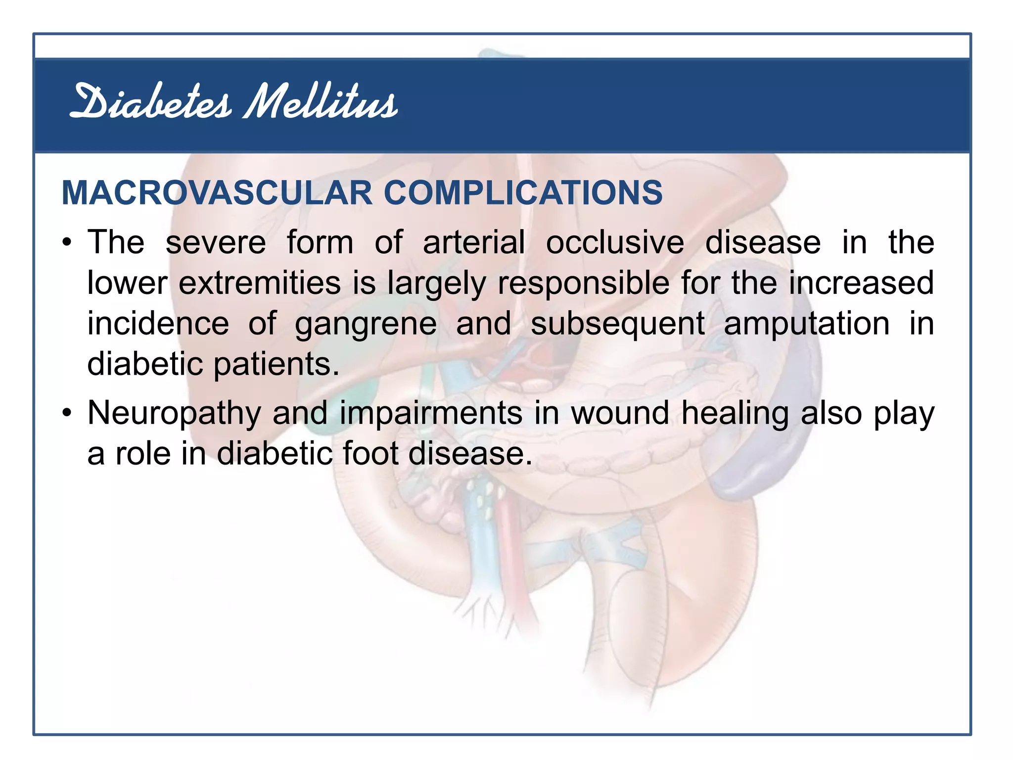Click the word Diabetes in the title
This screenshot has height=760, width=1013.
click(151, 103)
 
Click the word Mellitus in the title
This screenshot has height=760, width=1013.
click(321, 103)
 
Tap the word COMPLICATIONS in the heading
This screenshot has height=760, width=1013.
click(523, 192)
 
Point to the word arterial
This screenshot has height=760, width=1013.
click(473, 242)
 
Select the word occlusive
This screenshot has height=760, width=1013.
click(615, 242)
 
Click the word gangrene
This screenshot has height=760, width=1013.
click(366, 325)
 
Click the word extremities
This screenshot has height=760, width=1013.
click(259, 283)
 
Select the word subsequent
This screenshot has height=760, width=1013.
click(617, 325)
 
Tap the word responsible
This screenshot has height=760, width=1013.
click(583, 284)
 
